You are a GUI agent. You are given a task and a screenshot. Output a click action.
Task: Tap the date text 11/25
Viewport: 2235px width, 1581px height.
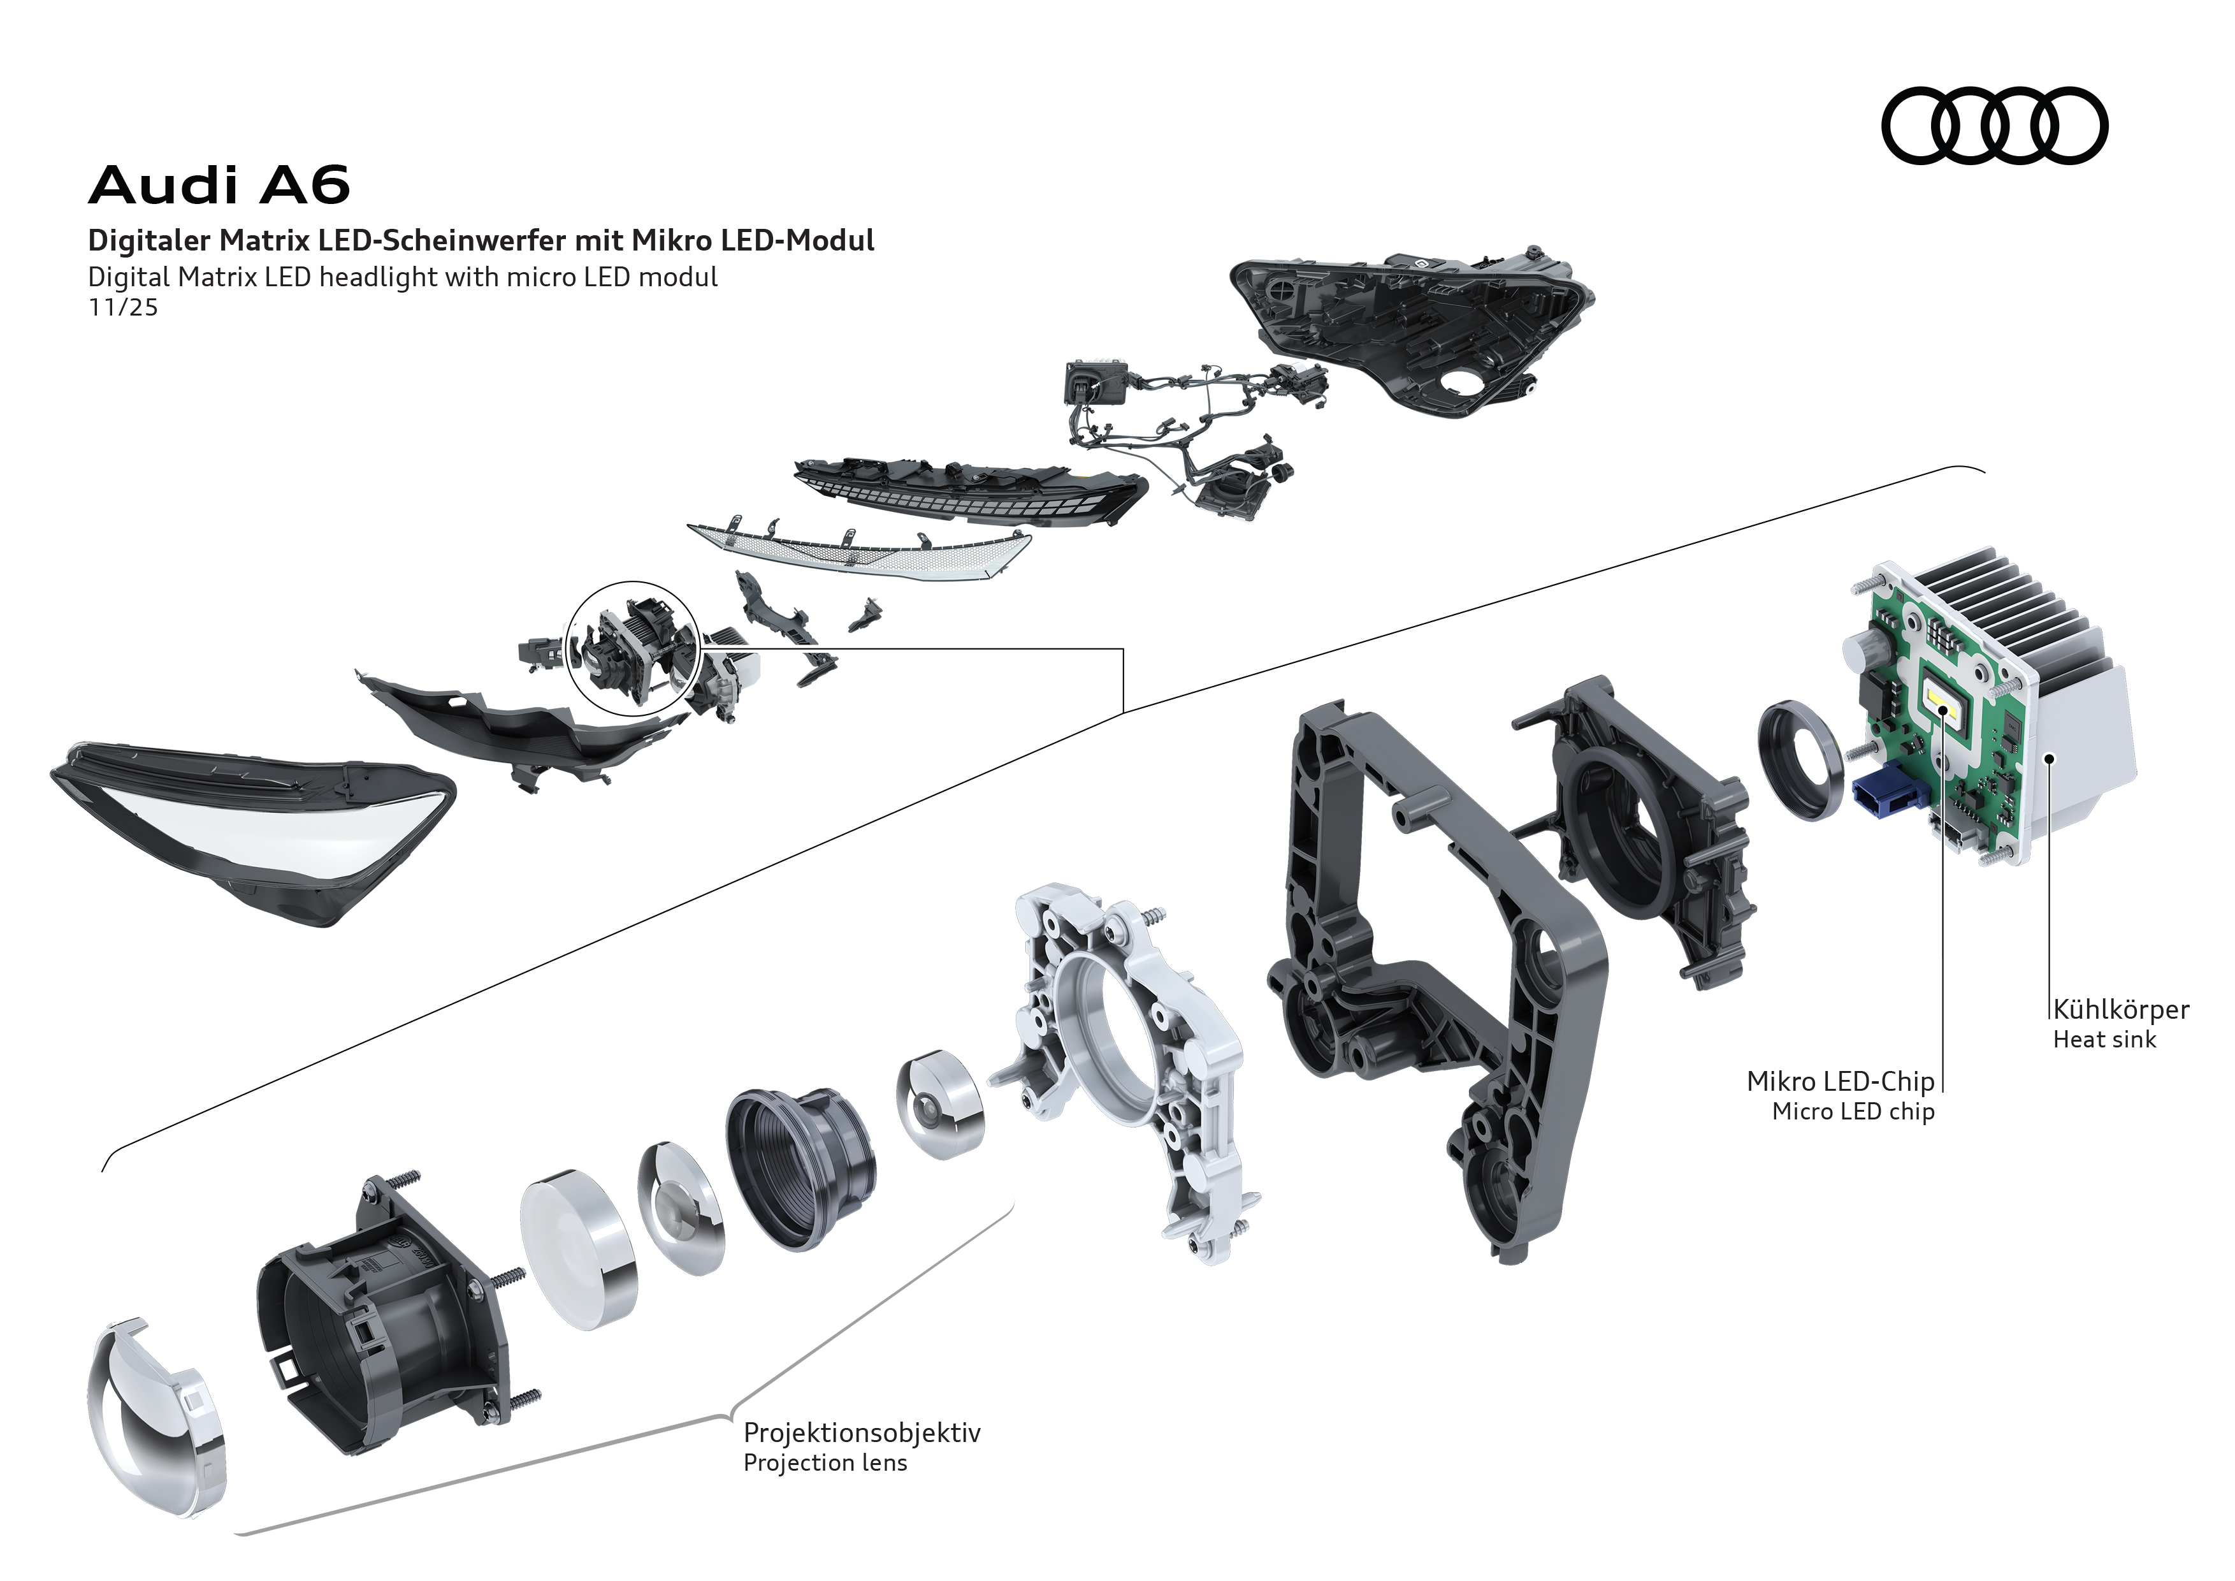(122, 308)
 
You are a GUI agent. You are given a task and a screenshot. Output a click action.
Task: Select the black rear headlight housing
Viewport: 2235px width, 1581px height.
(1412, 331)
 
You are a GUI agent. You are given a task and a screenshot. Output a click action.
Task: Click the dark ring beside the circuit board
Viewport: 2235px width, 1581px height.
(1801, 759)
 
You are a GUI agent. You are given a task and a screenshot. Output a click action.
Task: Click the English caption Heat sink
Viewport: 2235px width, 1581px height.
(2104, 1040)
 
